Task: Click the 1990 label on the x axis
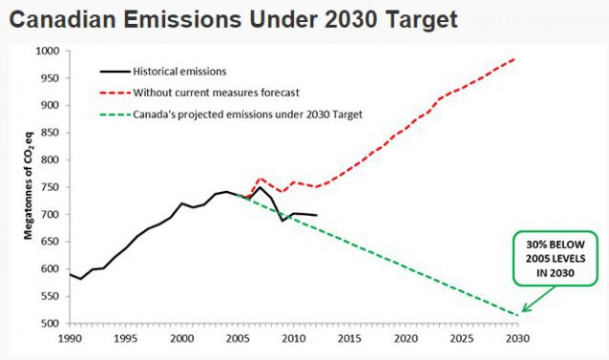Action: (69, 339)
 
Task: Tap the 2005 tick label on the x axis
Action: (237, 339)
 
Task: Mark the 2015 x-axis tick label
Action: (349, 339)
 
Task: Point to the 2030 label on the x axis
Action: (517, 339)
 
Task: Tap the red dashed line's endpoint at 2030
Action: (516, 59)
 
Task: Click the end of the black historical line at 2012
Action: (316, 216)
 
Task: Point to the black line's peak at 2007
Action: (260, 187)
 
